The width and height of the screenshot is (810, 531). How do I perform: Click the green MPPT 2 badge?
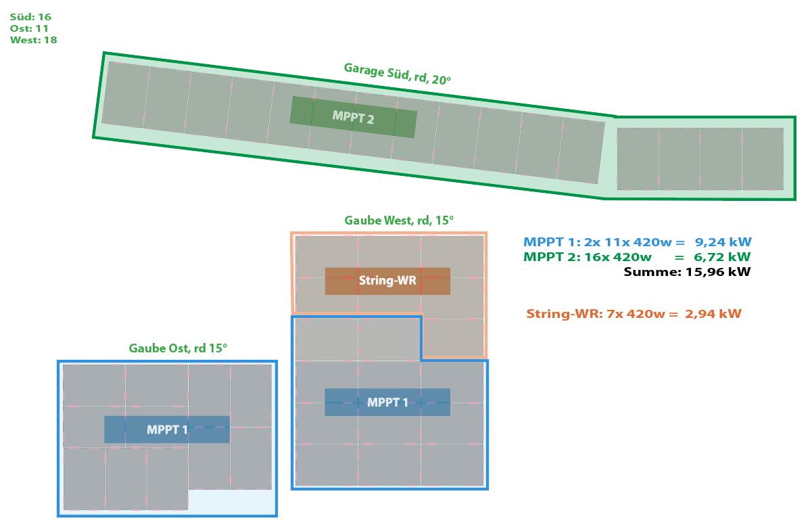(x=354, y=118)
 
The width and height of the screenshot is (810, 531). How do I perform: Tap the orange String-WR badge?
(x=387, y=281)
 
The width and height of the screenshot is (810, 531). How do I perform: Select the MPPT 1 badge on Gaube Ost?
(x=167, y=430)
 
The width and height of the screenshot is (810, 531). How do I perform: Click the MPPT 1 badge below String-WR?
(x=387, y=402)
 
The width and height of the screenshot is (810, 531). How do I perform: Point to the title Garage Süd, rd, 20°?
(x=398, y=74)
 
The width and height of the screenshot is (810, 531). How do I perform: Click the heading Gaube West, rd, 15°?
(x=399, y=221)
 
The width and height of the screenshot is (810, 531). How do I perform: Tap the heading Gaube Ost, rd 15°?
(x=178, y=348)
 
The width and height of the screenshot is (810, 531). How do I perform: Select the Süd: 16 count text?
(x=30, y=17)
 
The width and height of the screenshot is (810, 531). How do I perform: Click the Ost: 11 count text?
(x=29, y=28)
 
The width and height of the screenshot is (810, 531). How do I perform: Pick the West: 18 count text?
(x=34, y=41)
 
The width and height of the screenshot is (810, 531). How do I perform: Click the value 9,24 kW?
(x=723, y=242)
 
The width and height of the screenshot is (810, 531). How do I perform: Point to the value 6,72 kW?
(x=722, y=257)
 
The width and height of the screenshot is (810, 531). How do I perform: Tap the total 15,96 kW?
(x=718, y=272)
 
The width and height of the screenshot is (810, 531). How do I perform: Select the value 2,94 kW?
(x=713, y=314)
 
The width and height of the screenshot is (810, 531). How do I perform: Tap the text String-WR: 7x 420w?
(x=596, y=314)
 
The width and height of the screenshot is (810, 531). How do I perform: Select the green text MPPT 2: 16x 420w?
(x=588, y=257)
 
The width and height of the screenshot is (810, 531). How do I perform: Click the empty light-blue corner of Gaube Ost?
(x=231, y=501)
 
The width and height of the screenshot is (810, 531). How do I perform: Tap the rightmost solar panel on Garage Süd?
(x=763, y=159)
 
